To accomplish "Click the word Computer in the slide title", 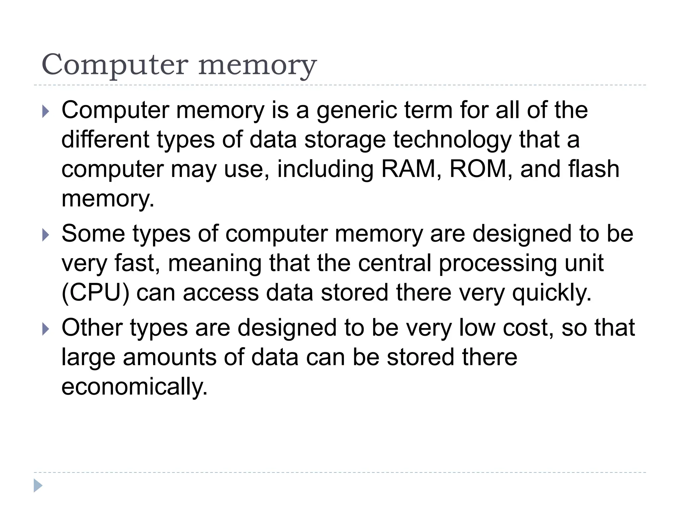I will click(x=115, y=65).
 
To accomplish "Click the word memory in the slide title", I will click(x=257, y=66).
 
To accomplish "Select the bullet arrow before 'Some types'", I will click(x=46, y=235).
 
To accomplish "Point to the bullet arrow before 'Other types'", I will click(x=46, y=329).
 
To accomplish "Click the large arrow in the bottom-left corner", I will click(x=38, y=485).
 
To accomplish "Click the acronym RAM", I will click(x=408, y=169).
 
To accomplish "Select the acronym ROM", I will click(x=477, y=169).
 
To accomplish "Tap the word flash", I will click(x=594, y=169).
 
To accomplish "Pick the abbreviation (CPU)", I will click(x=95, y=293).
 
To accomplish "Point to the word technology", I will click(x=452, y=140).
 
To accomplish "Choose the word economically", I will click(x=134, y=386).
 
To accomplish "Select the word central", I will click(x=394, y=263).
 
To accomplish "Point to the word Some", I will click(x=93, y=233).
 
